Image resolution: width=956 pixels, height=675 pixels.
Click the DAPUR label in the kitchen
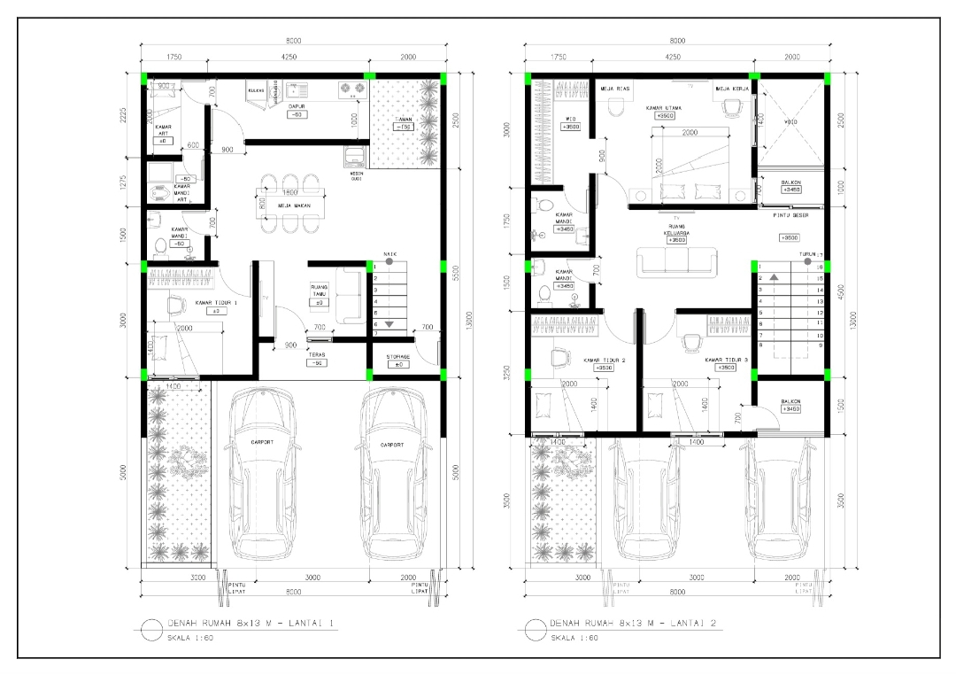click(x=297, y=106)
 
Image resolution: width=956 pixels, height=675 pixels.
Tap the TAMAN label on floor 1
click(x=405, y=117)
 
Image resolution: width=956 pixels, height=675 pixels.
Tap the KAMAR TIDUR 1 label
click(x=216, y=303)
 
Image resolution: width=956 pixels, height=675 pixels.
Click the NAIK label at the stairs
click(x=390, y=254)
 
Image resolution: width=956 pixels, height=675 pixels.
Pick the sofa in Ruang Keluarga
click(x=678, y=262)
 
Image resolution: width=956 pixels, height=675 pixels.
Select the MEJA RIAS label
click(x=616, y=89)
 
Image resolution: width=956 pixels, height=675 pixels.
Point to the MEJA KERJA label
click(x=732, y=89)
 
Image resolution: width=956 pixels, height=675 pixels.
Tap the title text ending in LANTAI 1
click(x=251, y=624)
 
